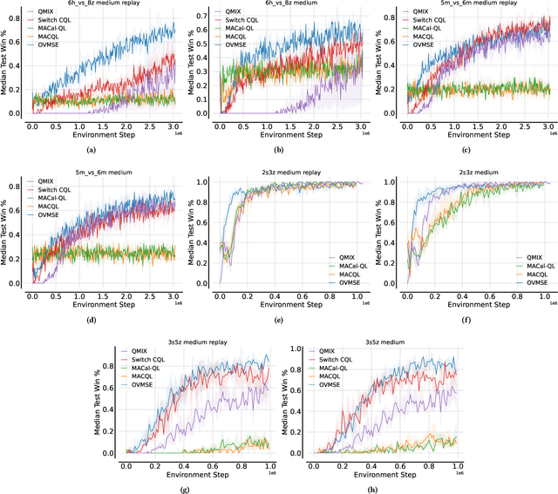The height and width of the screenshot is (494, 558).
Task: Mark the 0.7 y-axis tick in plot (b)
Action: (x=199, y=14)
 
